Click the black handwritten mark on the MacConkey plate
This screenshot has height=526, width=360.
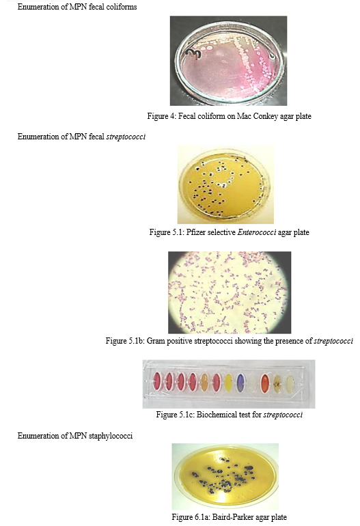193,53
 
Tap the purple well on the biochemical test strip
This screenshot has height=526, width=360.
240,383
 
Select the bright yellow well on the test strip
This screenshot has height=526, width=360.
228,383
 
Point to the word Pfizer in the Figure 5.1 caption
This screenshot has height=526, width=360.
195,232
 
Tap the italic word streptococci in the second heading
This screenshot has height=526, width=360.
126,137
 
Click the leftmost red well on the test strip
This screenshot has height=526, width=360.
157,382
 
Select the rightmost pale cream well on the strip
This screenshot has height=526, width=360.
290,384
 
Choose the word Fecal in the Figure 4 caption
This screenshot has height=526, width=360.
187,116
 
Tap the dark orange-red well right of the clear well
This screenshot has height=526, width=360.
265,383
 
